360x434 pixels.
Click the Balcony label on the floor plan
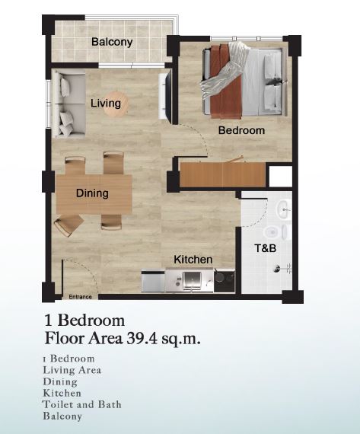[112, 42]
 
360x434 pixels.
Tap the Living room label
[106, 104]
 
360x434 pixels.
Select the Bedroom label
[241, 130]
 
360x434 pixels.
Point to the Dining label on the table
[92, 193]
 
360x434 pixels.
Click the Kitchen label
[193, 260]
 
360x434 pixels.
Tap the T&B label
[265, 248]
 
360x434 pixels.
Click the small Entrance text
[80, 297]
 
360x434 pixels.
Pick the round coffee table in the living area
[116, 104]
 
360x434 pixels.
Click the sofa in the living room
[70, 104]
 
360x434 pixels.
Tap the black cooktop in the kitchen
[224, 281]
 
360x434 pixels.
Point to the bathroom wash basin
[284, 210]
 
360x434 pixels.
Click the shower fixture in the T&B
[282, 268]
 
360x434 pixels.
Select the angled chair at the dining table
[68, 225]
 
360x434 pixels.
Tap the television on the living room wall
[165, 95]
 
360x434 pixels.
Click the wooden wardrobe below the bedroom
[222, 174]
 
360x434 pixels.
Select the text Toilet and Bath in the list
[82, 404]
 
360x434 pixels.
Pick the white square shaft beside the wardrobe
[281, 177]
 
